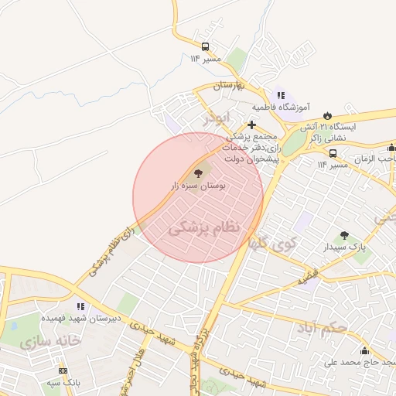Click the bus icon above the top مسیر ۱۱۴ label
coord(205,46)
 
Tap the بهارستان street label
coord(229,84)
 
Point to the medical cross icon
coord(251,124)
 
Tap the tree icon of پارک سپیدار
coord(344,235)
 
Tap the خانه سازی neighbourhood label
coord(53,340)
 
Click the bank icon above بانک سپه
coord(53,370)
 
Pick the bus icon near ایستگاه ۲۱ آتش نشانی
coord(333,152)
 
